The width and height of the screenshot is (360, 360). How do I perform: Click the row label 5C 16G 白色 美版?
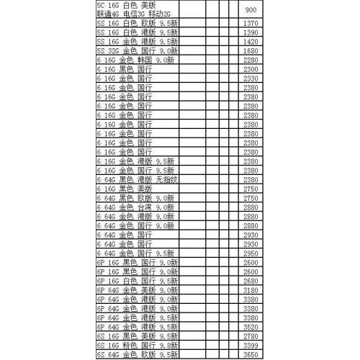[125, 5]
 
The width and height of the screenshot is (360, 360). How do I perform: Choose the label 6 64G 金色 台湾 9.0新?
[135, 207]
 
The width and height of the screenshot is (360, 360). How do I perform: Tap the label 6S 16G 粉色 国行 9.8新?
[137, 345]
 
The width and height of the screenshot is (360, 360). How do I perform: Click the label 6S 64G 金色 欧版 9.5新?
[137, 354]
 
